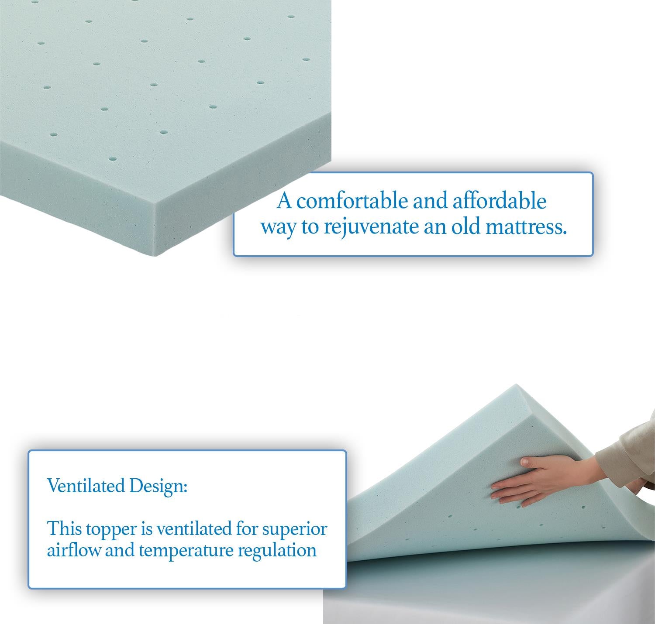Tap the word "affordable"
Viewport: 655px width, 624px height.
pyautogui.click(x=499, y=201)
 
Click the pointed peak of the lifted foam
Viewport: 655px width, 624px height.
pyautogui.click(x=516, y=386)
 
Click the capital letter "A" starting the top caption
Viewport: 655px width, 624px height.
pyautogui.click(x=284, y=201)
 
